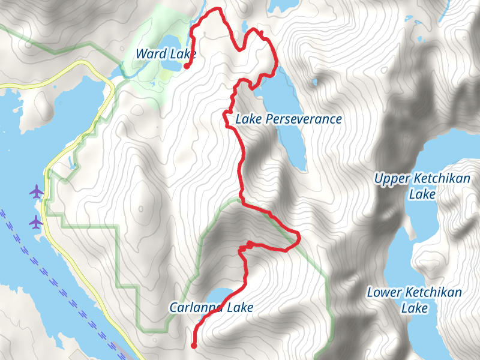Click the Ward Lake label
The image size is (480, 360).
click(166, 54)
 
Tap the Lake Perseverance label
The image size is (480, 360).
click(288, 119)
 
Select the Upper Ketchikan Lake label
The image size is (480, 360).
click(418, 186)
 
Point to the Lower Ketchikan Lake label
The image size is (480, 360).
click(415, 300)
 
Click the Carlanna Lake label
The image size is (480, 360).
click(211, 308)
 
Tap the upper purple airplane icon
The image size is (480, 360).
click(37, 192)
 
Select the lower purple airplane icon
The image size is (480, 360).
click(37, 222)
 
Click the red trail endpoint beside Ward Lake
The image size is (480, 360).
click(187, 67)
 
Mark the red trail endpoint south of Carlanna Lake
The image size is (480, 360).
click(194, 345)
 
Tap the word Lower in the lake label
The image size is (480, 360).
click(384, 293)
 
